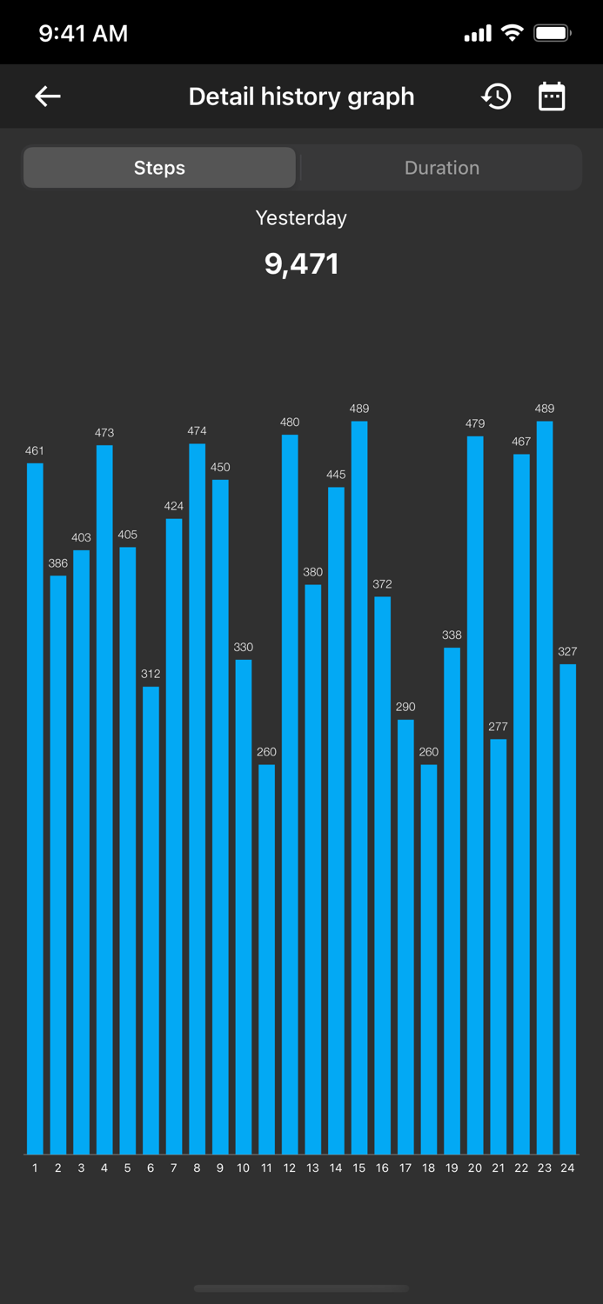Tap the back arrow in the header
point(48,96)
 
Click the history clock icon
point(497,96)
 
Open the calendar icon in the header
point(552,96)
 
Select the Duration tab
point(441,168)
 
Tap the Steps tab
point(159,168)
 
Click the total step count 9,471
point(301,263)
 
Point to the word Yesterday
point(301,218)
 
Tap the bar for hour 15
point(359,788)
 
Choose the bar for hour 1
point(35,808)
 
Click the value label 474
point(197,431)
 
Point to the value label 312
point(151,674)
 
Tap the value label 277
point(498,727)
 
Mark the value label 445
point(336,475)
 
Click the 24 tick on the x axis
point(567,1168)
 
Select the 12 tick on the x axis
point(290,1168)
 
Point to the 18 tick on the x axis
point(428,1168)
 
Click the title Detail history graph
point(301,96)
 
